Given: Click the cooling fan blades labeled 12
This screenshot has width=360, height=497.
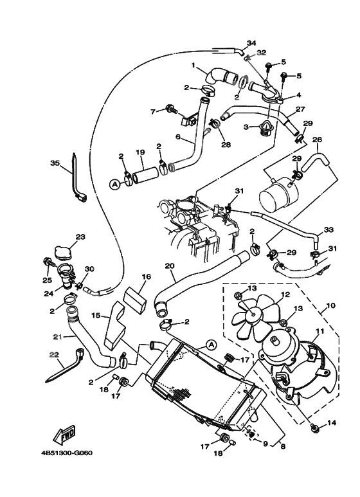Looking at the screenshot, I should [251, 317].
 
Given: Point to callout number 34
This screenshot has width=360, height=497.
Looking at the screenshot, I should [250, 42].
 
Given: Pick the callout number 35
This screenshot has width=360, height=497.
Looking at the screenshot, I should [55, 163].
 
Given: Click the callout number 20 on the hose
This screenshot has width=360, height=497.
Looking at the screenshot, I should [170, 266].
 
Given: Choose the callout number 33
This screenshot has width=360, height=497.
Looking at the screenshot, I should [328, 230].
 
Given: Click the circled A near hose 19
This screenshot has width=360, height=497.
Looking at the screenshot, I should [115, 184].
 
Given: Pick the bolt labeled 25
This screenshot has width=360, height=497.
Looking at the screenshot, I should [48, 262].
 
